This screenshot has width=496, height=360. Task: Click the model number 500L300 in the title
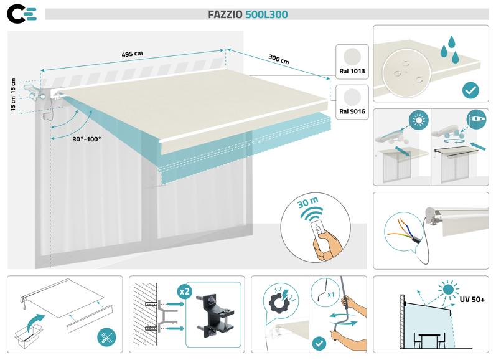(x=266, y=14)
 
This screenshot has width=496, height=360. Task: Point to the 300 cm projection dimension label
(x=278, y=60)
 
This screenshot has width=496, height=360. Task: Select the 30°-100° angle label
(x=87, y=139)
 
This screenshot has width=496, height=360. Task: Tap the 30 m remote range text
(x=309, y=204)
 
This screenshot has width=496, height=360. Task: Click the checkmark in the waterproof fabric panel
(x=470, y=91)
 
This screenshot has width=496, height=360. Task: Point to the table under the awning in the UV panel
(x=430, y=337)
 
